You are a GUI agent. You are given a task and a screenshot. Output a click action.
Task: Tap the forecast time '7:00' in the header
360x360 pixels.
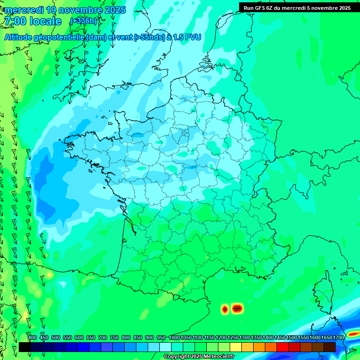(x=15, y=21)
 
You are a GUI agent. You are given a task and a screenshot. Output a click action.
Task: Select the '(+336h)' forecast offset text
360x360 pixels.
(x=83, y=21)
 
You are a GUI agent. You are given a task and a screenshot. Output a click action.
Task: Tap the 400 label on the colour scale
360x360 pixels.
(x=32, y=338)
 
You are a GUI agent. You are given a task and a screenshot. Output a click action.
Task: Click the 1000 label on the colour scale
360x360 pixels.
(x=174, y=338)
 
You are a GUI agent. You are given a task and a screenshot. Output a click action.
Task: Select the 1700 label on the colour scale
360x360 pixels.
(x=338, y=338)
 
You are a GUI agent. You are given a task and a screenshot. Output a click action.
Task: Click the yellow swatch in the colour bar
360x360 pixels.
(x=235, y=347)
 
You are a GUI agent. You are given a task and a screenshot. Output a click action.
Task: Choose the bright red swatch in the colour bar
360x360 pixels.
(x=282, y=347)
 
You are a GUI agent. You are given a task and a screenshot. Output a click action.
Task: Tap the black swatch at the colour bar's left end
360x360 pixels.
(x=25, y=347)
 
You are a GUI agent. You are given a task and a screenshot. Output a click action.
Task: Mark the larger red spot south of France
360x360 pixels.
(x=237, y=308)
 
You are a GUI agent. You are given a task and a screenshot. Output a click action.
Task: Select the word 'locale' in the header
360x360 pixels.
(x=45, y=21)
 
